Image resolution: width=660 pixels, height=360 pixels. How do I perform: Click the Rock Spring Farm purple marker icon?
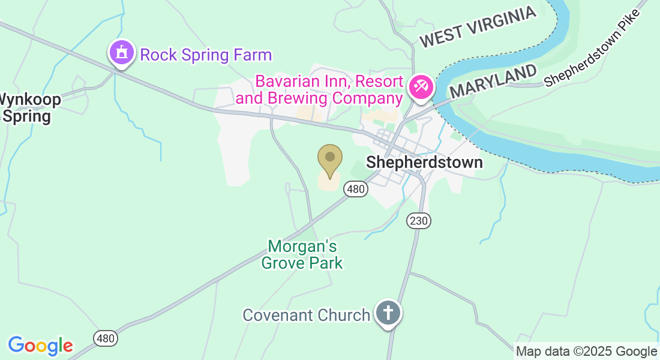click(122, 53)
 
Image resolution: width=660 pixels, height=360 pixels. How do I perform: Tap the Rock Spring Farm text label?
click(206, 56)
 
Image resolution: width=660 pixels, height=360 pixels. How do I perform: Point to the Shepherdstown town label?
click(424, 162)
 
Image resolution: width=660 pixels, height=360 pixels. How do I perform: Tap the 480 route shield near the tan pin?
click(355, 189)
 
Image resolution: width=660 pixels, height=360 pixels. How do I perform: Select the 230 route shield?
click(418, 221)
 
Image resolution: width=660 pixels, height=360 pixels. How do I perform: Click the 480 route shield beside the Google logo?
click(106, 338)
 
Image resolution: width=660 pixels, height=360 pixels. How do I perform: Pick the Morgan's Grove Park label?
click(302, 254)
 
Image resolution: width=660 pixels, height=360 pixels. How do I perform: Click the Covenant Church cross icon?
click(388, 313)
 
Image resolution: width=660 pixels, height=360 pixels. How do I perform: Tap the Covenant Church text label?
click(306, 315)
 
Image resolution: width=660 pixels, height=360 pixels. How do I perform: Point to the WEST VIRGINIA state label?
click(477, 28)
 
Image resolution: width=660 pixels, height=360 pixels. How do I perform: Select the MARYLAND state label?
click(493, 82)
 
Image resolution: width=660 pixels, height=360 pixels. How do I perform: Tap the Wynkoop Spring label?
click(26, 107)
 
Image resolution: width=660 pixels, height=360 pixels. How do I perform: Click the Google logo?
click(40, 346)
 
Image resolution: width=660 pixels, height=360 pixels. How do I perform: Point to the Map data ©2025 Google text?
click(586, 352)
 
